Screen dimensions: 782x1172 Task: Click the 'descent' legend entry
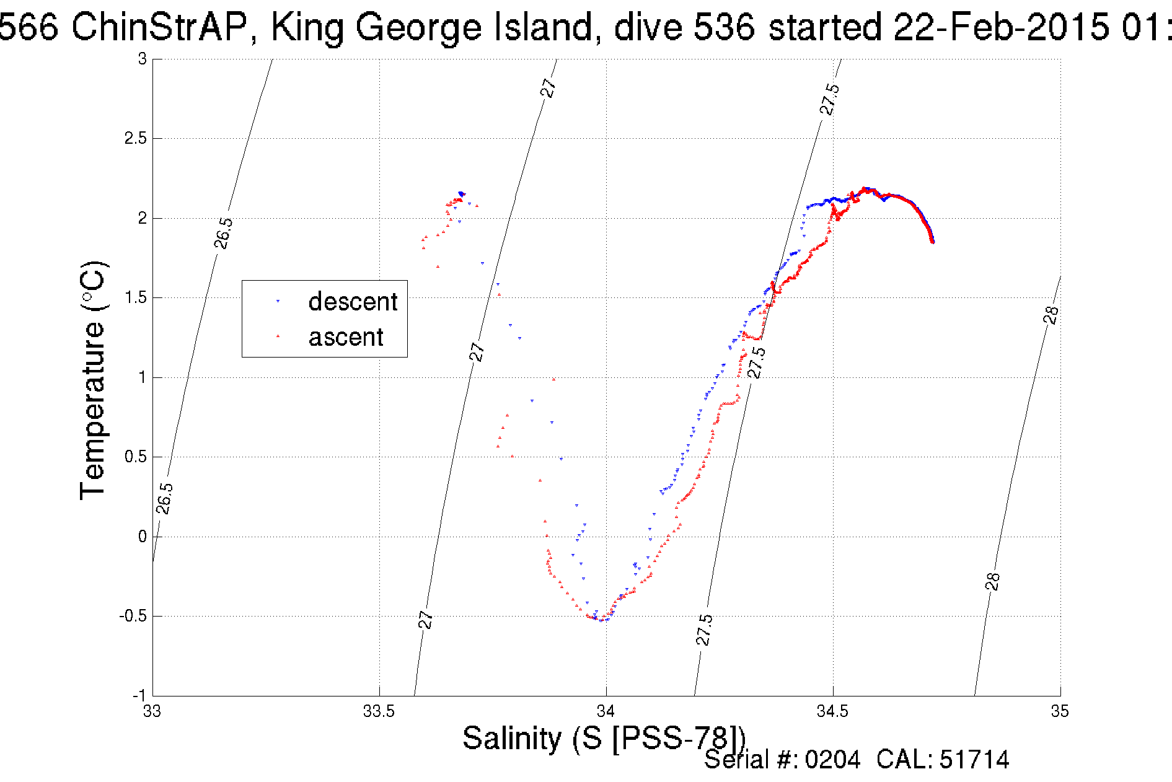(x=352, y=302)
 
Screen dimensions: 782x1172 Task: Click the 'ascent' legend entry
(x=346, y=337)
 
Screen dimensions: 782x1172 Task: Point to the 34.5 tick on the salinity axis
(x=833, y=711)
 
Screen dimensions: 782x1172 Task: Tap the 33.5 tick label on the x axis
(x=379, y=711)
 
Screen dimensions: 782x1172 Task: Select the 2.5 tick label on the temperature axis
(x=136, y=138)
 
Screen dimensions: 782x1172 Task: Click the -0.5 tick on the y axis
(x=133, y=616)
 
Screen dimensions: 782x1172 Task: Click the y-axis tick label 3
(x=143, y=59)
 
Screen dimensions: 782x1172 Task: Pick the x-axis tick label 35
(x=1060, y=711)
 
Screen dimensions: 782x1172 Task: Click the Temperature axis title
(x=94, y=380)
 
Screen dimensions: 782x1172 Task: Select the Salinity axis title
(x=604, y=739)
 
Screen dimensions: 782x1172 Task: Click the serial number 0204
(x=832, y=760)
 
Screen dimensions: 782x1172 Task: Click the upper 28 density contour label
(x=1051, y=315)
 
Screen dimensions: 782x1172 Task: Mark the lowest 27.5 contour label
(x=704, y=630)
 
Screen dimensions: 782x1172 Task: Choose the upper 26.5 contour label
(x=224, y=233)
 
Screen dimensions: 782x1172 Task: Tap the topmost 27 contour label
(x=549, y=88)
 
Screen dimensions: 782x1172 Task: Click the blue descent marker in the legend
(x=278, y=302)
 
